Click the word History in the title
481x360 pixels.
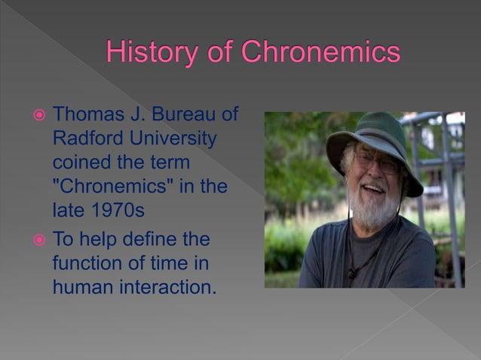pos(149,52)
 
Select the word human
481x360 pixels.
pos(84,288)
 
